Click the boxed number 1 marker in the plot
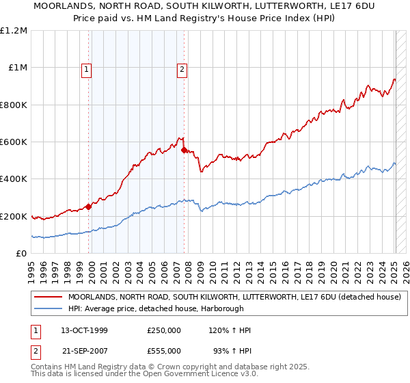[x=87, y=68]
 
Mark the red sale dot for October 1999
[x=88, y=207]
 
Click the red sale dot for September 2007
[x=184, y=150]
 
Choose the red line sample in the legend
[x=48, y=297]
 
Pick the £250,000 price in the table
[x=164, y=330]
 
